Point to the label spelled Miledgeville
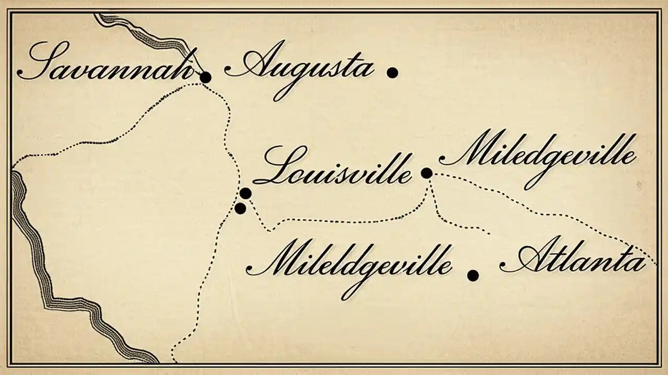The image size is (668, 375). pos(538,156)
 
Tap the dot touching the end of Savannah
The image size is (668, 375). pos(206,78)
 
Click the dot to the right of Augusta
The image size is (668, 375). pos(392,73)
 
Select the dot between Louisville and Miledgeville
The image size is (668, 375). pos(426,173)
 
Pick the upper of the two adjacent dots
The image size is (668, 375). pos(245,194)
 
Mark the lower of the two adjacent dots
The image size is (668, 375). pos(240,208)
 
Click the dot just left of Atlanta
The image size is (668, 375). pos(473,276)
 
